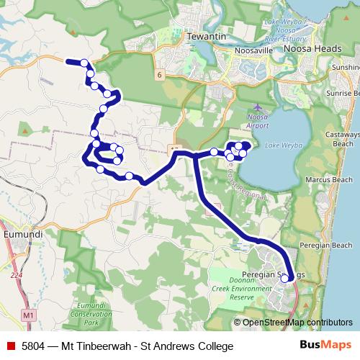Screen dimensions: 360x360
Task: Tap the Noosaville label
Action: (253, 51)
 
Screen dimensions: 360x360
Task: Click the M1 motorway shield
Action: (28, 315)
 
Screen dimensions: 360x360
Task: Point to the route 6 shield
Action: (158, 73)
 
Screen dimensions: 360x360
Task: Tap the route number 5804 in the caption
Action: (35, 346)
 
